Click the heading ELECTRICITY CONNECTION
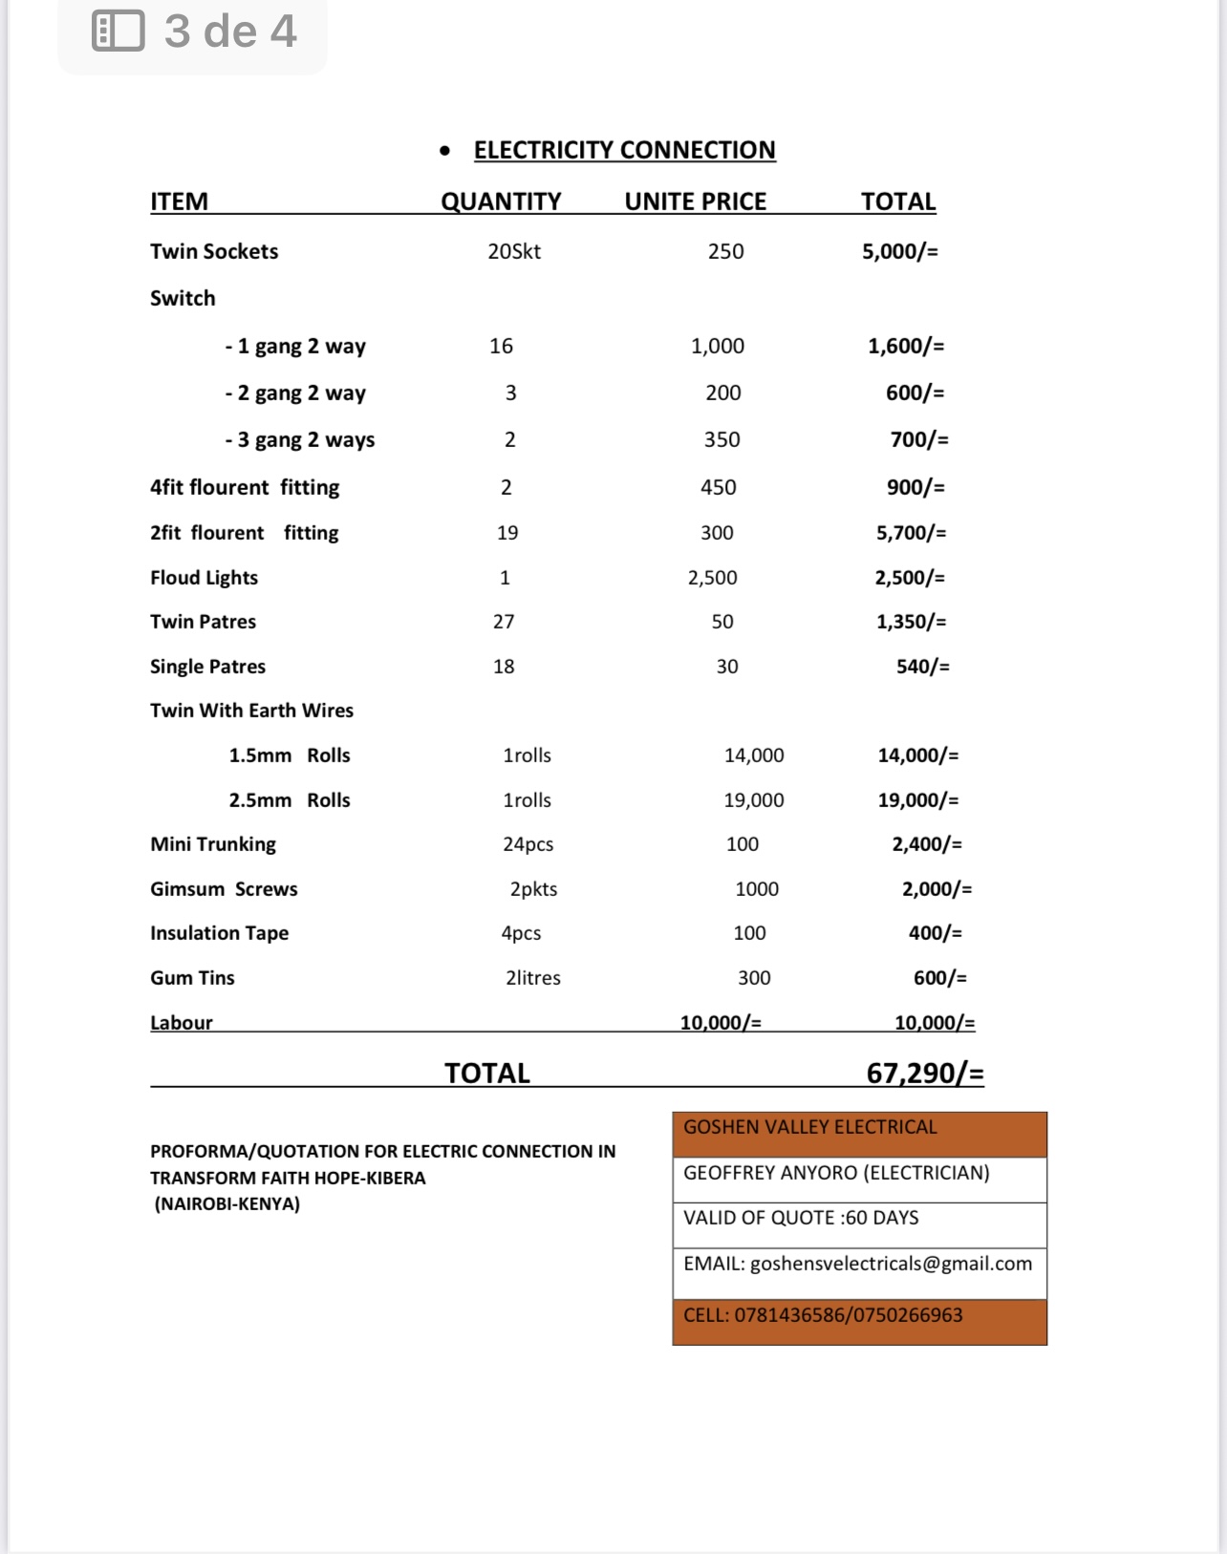click(x=624, y=150)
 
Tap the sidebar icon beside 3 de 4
click(x=118, y=31)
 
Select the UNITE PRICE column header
click(x=695, y=202)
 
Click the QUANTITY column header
click(x=501, y=202)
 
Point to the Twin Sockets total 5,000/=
click(x=899, y=251)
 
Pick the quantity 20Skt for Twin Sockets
click(x=514, y=251)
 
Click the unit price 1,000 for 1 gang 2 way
click(x=718, y=346)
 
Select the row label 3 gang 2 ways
click(x=300, y=439)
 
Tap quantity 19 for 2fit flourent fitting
click(x=507, y=533)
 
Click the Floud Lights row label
click(x=204, y=578)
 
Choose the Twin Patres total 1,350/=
click(x=911, y=622)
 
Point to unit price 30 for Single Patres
click(x=727, y=667)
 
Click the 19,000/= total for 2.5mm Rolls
click(x=917, y=800)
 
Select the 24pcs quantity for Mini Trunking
click(x=527, y=844)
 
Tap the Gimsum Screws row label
click(x=224, y=889)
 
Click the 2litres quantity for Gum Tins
click(x=533, y=978)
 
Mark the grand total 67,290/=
click(x=924, y=1074)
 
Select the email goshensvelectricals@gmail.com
click(x=891, y=1264)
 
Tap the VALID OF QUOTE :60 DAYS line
click(x=801, y=1218)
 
